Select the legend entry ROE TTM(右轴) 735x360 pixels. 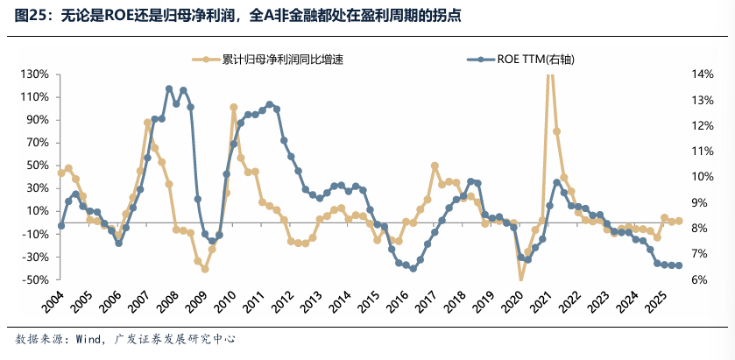click(x=534, y=60)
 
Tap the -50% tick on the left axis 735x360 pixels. click(x=32, y=280)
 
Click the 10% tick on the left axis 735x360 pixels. click(x=35, y=211)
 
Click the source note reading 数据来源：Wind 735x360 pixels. click(x=126, y=338)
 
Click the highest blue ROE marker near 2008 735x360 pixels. click(x=169, y=88)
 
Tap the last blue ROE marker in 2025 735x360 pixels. click(x=679, y=265)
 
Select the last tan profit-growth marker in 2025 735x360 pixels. click(x=679, y=221)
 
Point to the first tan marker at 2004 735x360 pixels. click(x=61, y=173)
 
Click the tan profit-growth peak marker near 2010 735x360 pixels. click(x=234, y=107)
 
